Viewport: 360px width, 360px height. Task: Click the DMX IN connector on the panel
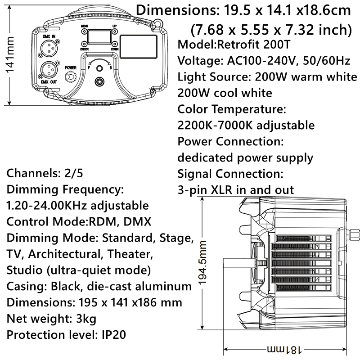click(49, 48)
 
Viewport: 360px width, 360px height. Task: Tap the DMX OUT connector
click(49, 69)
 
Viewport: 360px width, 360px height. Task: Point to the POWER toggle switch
click(70, 77)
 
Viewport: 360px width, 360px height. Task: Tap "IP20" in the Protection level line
click(111, 335)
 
